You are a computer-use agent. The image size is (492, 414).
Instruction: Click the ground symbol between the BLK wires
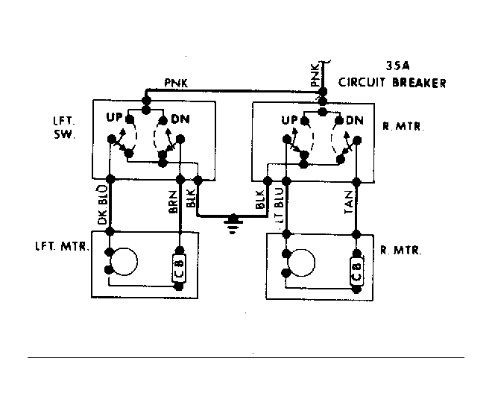point(233,224)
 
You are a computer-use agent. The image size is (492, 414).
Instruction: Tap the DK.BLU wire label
point(103,205)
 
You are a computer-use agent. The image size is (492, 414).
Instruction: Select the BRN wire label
point(173,201)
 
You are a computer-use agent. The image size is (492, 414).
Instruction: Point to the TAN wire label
point(349,202)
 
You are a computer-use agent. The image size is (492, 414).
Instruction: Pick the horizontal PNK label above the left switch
point(176,84)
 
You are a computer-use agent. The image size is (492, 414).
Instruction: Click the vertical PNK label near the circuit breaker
point(315,75)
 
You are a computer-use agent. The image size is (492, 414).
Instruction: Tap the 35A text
point(397,66)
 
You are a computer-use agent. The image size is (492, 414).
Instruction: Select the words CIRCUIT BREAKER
point(392,83)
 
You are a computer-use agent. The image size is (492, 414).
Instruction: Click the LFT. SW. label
point(64,128)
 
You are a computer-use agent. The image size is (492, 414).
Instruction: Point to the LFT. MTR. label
point(62,246)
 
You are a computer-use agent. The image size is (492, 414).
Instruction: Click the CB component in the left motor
point(179,269)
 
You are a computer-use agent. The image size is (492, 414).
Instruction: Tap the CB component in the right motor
point(357,272)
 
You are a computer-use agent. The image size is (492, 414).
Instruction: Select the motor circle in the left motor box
point(124,262)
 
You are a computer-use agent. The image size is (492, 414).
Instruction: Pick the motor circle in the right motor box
point(301,263)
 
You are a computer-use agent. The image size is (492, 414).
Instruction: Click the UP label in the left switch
point(114,117)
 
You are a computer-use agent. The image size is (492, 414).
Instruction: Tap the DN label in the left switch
point(180,119)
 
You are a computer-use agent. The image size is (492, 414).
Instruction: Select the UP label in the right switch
point(288,120)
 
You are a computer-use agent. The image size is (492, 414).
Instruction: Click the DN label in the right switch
point(355,121)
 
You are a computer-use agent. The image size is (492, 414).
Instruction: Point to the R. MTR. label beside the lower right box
point(401,251)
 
